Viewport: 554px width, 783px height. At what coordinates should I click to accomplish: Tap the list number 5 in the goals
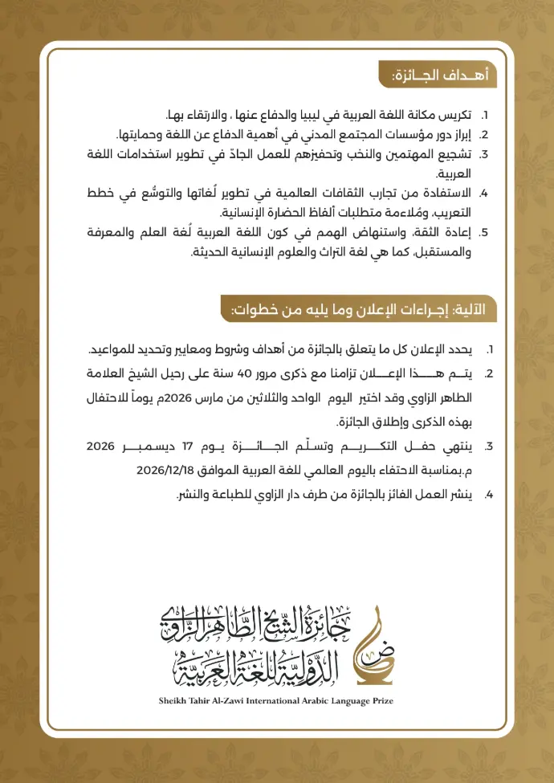484,233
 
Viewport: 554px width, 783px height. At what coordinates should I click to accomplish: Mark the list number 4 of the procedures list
487,495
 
